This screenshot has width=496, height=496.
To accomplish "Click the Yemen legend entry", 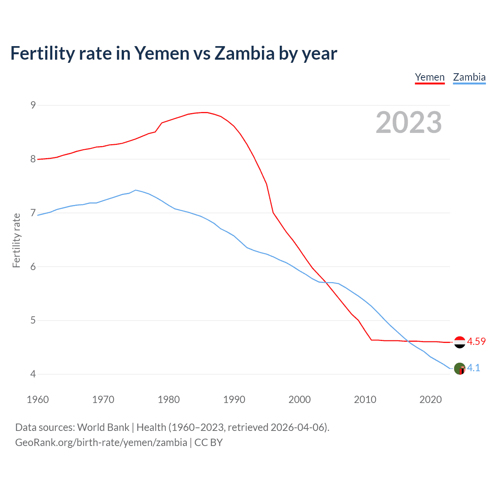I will [430, 77].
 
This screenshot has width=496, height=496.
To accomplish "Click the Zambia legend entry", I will [469, 77].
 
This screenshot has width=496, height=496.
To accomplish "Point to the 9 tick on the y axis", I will [33, 105].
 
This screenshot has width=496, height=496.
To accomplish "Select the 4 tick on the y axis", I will [33, 374].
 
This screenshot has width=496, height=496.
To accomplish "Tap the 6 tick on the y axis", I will [33, 267].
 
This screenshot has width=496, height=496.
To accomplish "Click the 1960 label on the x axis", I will [38, 400].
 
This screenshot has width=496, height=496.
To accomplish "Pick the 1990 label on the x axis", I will [234, 400].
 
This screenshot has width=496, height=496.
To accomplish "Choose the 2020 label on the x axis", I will [431, 400].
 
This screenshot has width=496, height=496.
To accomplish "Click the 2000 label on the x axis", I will [300, 400].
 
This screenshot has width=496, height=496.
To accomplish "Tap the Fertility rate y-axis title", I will [16, 240].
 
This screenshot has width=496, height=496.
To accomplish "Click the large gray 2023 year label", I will [409, 122].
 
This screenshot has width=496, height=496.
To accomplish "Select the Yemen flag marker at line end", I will [460, 342].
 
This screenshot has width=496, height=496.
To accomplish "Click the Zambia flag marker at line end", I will [460, 369].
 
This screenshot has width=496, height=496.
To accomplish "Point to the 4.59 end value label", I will [476, 341].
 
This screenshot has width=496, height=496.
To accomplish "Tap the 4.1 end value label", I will [474, 368].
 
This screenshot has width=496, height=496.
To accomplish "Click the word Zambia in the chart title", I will [245, 53].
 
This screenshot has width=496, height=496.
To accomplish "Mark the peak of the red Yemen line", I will [205, 112].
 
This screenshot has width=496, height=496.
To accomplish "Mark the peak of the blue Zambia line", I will [135, 190].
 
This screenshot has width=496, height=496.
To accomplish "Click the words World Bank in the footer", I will [103, 427].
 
